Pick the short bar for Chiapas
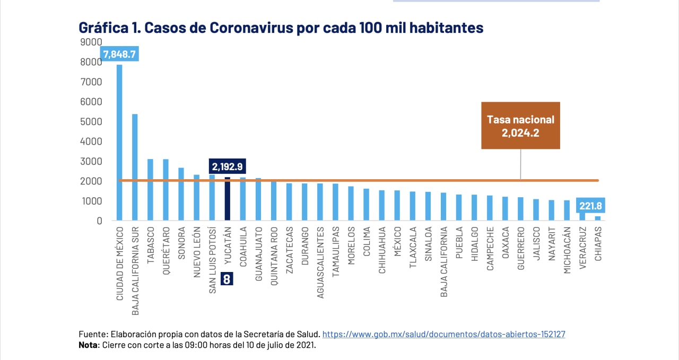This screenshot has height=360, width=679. pos(598,218)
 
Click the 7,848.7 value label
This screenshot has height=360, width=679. pos(119,54)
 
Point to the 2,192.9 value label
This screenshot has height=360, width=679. pos(227,166)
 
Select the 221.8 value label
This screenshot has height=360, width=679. pos(590,206)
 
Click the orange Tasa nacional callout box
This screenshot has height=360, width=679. pos(520,126)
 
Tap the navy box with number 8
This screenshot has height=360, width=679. pos(227,279)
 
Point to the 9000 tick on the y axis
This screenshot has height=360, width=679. pos(91,42)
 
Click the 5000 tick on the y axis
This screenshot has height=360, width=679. pos(91,121)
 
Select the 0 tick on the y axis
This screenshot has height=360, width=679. pos(99,221)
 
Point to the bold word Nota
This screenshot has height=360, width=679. pos(89,345)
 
